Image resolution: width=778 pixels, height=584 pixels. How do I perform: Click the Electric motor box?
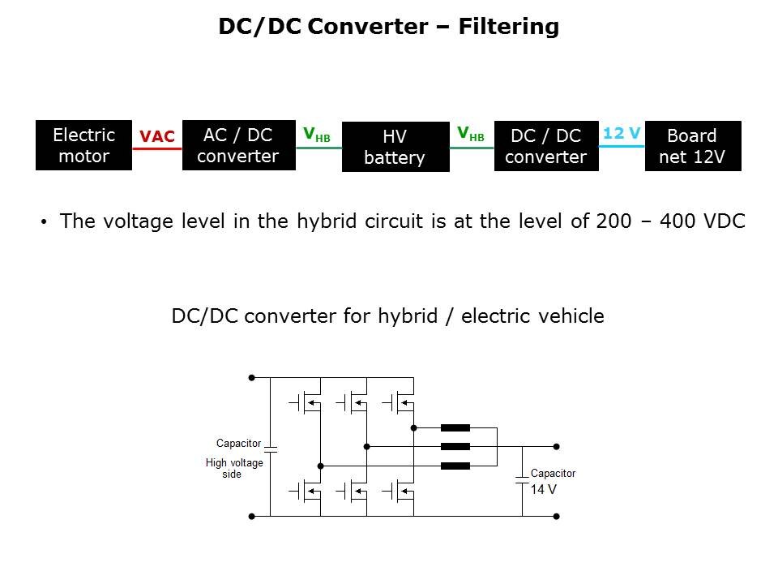pos(83,145)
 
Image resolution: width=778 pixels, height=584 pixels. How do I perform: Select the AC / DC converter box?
pos(238,145)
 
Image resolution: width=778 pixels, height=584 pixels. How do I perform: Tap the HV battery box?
pos(395,147)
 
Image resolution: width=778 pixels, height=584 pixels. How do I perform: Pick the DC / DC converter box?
pos(545,146)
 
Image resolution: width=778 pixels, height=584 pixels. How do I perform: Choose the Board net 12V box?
pos(692,146)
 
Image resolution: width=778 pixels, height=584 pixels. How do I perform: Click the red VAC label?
pos(157,136)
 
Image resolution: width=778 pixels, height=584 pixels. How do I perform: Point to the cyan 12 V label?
pos(622,133)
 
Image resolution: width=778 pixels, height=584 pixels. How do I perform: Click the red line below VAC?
pos(157,148)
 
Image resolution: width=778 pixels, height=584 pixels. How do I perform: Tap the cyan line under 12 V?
pos(622,146)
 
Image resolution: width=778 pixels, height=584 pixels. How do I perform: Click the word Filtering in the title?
pos(508,27)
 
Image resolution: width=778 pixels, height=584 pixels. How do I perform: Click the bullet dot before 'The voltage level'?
pos(44,222)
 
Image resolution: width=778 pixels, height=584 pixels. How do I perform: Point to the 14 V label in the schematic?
pos(543,490)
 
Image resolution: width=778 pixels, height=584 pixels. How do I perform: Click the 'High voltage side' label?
pos(233,468)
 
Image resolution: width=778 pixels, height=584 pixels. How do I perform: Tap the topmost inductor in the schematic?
pos(455,427)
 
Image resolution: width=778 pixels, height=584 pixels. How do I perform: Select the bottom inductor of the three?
pos(455,466)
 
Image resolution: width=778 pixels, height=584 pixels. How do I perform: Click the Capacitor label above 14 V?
pos(553,474)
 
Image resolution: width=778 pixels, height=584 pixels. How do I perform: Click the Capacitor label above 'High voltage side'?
pos(238,444)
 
